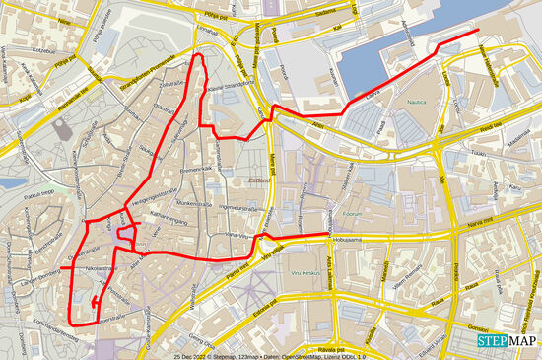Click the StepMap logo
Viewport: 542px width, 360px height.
coord(508,340)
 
